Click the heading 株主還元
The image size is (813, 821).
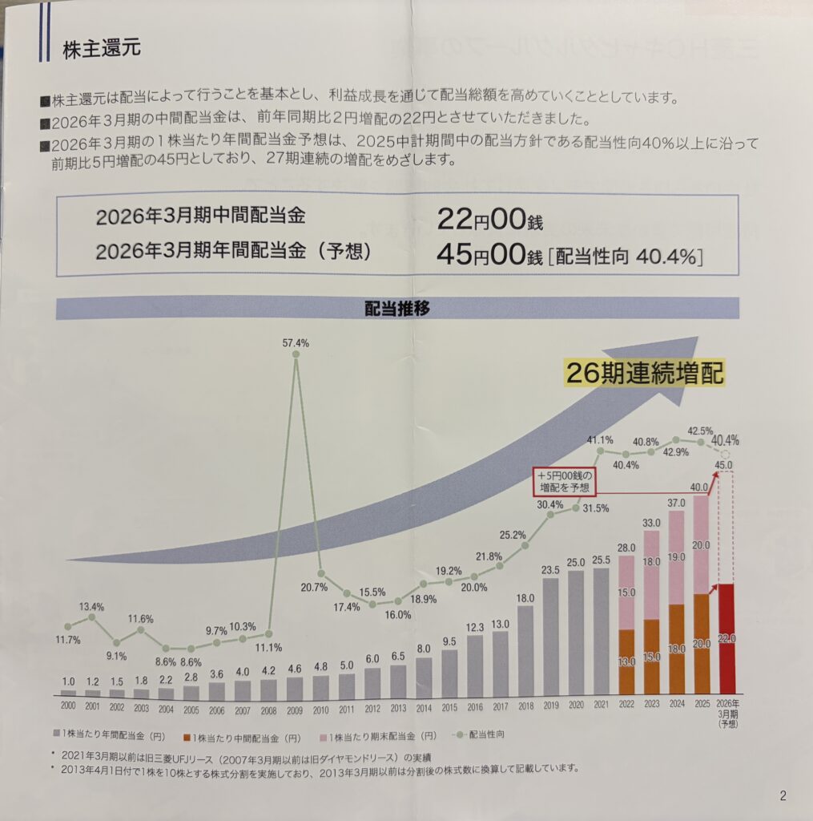click(x=102, y=49)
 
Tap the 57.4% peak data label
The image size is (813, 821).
click(x=296, y=342)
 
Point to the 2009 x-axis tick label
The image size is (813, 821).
click(x=296, y=708)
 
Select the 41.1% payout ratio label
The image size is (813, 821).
click(x=600, y=439)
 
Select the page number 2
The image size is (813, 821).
click(x=783, y=795)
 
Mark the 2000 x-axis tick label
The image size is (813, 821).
click(x=68, y=708)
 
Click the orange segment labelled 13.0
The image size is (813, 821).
click(x=626, y=663)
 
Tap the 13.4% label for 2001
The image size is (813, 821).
click(x=92, y=605)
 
